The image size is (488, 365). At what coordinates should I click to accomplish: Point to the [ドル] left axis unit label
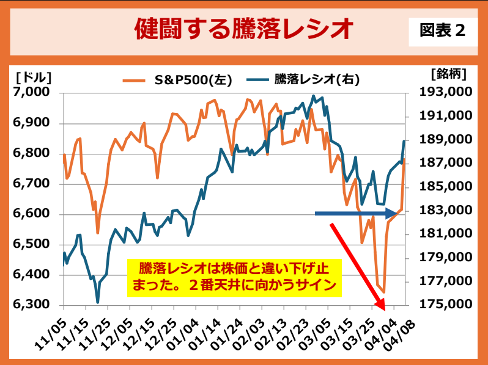pyautogui.click(x=33, y=77)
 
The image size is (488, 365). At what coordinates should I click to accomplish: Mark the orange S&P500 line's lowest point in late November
pyautogui.click(x=97, y=233)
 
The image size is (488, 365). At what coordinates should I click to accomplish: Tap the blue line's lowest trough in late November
pyautogui.click(x=98, y=302)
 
